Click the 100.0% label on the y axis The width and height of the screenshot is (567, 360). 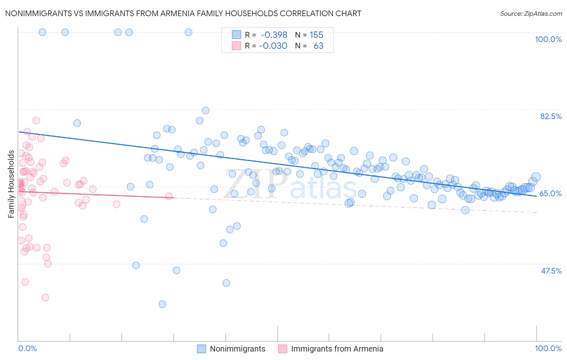pos(548,39)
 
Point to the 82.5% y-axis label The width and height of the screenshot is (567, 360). pos(551,116)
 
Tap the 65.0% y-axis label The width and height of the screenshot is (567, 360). pos(550,193)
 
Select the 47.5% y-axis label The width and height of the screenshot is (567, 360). pos(551,271)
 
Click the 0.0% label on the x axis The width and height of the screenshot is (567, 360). pos(27,348)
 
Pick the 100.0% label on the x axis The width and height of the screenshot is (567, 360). pos(548,348)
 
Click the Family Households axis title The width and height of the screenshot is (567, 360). pos(11,184)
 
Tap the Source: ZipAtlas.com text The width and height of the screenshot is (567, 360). pos(531,13)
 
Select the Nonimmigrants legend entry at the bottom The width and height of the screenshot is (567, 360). pos(238,349)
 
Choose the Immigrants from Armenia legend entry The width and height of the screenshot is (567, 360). pos(337,349)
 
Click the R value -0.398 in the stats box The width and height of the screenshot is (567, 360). pos(274,35)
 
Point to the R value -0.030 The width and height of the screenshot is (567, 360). pos(273,46)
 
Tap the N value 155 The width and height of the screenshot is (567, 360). pos(317,35)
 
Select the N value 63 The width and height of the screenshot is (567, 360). pos(318,46)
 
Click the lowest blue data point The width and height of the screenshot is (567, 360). pos(162,304)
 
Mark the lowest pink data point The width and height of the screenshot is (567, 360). pos(45,297)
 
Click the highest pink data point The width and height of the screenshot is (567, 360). pos(36,120)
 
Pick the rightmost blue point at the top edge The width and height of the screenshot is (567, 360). pos(188,32)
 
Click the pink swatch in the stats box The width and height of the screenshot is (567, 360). pos(236,46)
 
